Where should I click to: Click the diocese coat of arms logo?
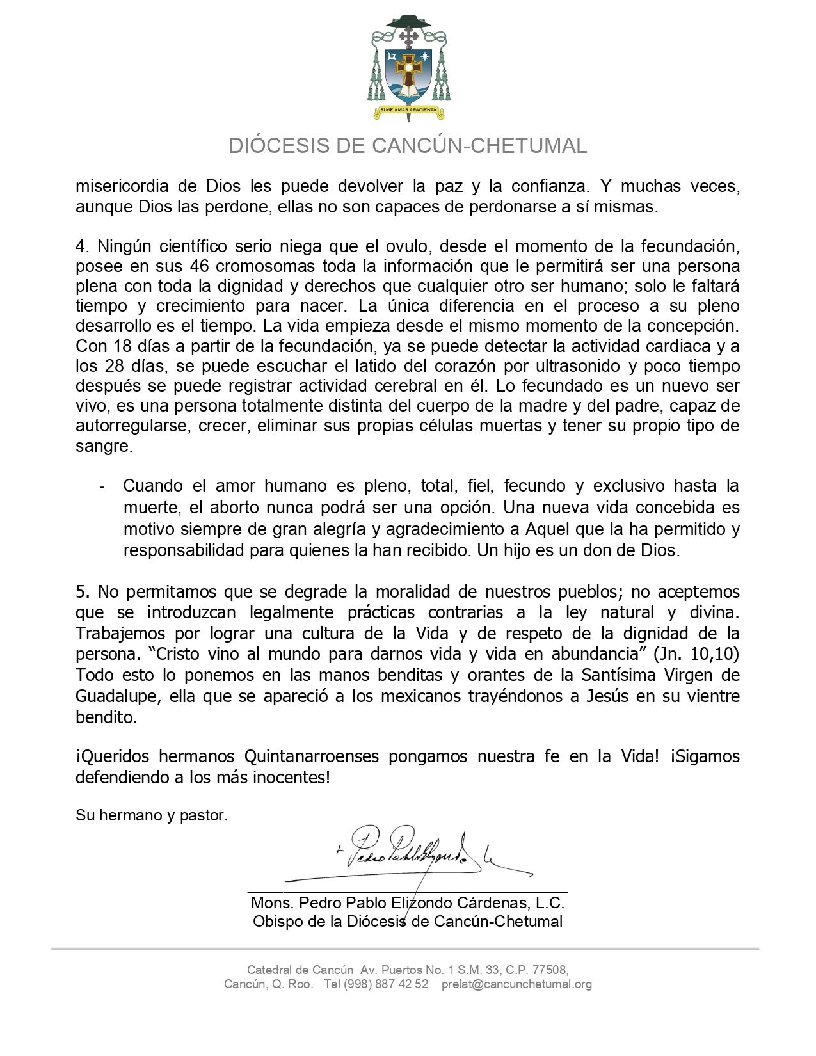pos(408,67)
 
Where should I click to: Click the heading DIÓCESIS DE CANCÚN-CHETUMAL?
pos(408,146)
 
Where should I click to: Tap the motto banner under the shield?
pos(408,110)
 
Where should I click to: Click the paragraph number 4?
pos(81,246)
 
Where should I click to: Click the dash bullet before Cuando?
pos(102,486)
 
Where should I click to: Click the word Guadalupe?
pos(118,696)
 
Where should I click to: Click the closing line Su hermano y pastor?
pos(152,815)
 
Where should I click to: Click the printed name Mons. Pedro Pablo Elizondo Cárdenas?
pos(408,903)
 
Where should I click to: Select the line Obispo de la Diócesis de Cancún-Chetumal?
pos(408,922)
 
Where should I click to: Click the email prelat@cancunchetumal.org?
pos(516,984)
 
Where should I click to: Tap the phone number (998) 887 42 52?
pos(386,984)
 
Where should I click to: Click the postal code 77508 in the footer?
pos(548,970)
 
